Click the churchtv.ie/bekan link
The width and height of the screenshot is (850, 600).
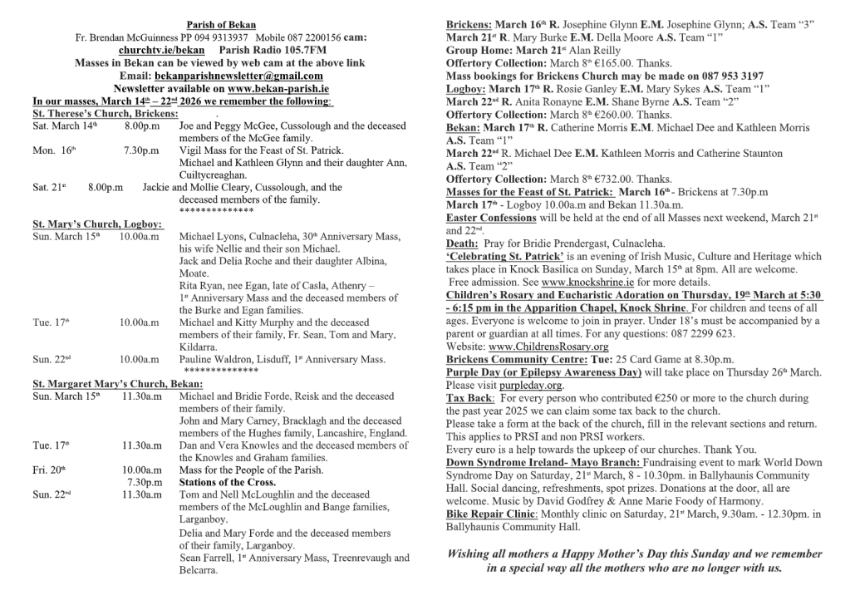click(x=155, y=50)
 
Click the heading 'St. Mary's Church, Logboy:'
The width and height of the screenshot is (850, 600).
click(x=98, y=224)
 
